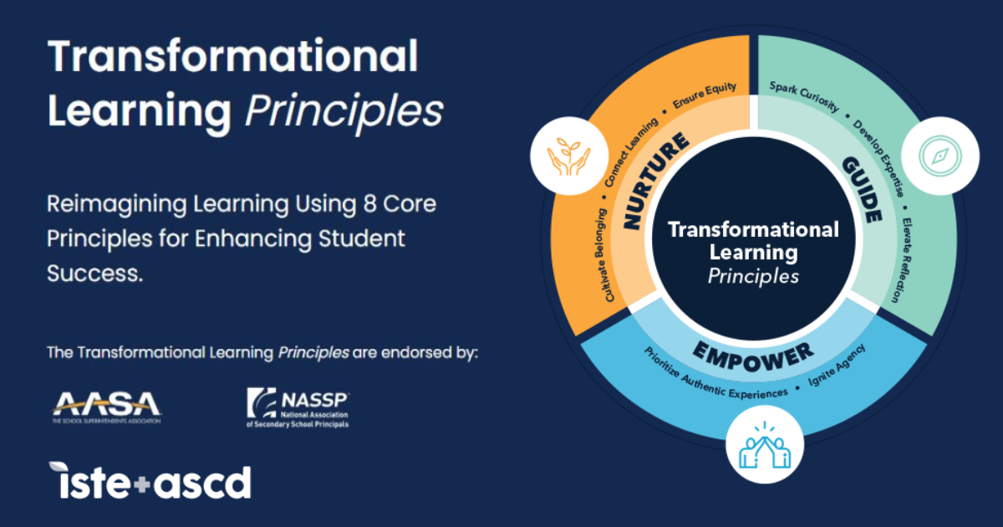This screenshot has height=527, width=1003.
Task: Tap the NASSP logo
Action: tap(298, 407)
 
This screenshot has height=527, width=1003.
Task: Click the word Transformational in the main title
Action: tap(232, 57)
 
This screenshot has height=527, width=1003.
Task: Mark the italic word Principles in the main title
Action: tap(344, 110)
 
